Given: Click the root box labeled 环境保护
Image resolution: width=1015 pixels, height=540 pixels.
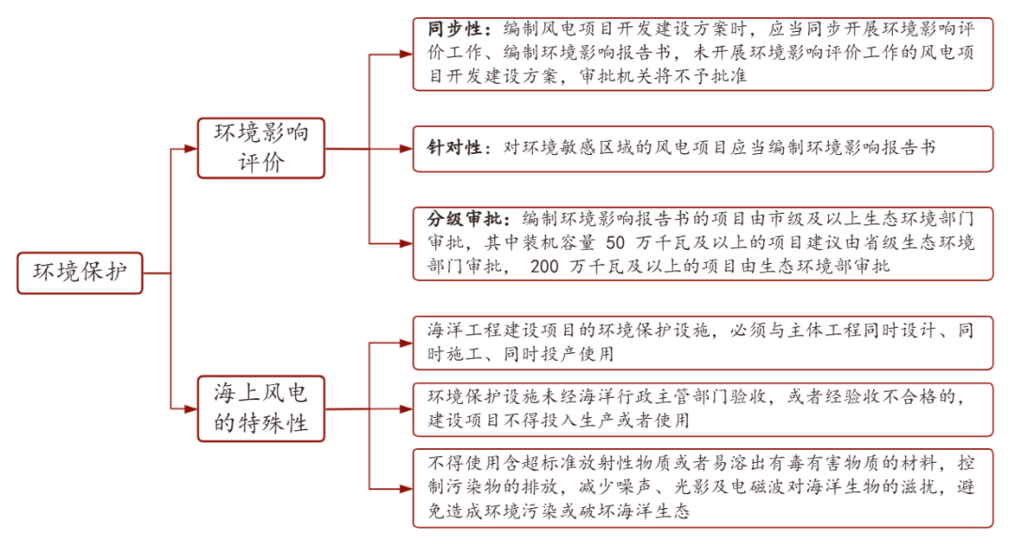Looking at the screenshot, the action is [x=80, y=273].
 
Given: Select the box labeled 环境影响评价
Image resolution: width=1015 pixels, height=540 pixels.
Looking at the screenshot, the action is [x=261, y=148].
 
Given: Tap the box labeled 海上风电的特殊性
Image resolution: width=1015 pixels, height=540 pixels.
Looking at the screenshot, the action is [x=261, y=409].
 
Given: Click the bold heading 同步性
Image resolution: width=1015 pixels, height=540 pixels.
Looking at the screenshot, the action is [x=455, y=29].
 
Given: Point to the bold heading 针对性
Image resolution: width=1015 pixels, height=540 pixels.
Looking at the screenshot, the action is [x=455, y=148].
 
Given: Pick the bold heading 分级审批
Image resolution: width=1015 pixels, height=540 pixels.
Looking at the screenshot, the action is [x=465, y=219].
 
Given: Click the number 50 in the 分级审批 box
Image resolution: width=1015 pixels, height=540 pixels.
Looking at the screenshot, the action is [x=615, y=243].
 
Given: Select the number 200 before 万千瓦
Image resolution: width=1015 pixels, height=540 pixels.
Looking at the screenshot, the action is [x=544, y=267].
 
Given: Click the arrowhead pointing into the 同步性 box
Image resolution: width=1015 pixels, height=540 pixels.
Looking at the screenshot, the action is [x=406, y=54].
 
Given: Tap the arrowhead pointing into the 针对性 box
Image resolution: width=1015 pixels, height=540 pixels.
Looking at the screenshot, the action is [x=406, y=148].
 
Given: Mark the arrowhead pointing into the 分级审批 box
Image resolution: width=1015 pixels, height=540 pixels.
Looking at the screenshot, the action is [x=406, y=244].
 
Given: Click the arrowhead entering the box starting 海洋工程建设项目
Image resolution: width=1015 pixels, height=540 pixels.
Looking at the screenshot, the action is [x=406, y=343].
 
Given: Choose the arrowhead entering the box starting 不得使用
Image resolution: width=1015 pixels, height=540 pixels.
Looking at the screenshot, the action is [x=406, y=489].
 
